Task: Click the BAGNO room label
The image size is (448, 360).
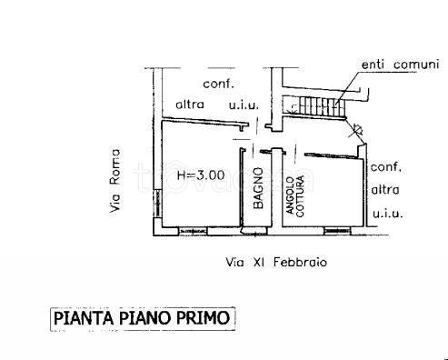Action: (258, 188)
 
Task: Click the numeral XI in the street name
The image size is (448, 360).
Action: (259, 262)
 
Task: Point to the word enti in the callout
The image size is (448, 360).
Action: (373, 65)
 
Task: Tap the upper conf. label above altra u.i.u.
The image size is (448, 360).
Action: (219, 84)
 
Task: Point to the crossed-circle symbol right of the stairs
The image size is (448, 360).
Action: (358, 129)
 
